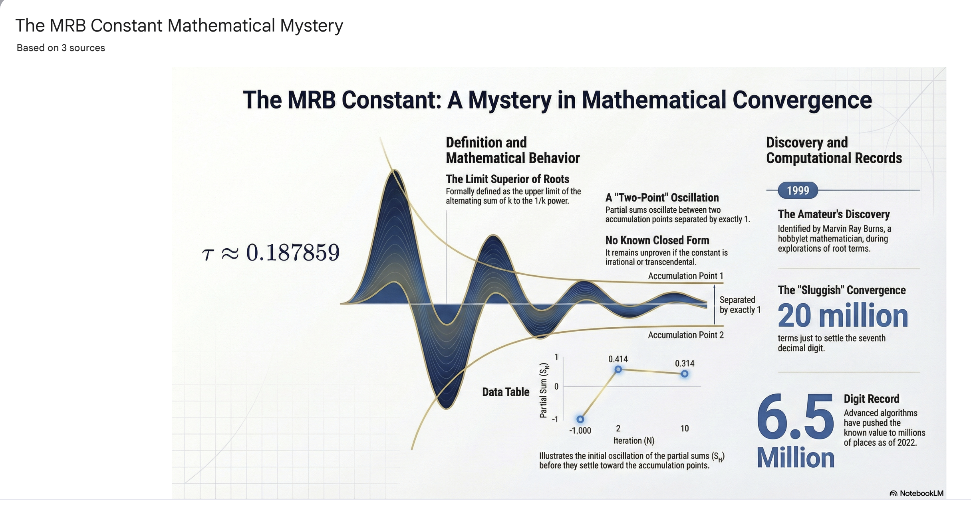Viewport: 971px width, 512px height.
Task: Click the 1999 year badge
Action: coord(798,190)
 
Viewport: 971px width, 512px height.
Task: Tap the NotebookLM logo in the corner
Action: coord(916,493)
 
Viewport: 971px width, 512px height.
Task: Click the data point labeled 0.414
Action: coord(618,369)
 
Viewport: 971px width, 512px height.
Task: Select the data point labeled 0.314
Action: coord(685,374)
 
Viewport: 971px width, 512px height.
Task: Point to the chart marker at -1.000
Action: coord(580,419)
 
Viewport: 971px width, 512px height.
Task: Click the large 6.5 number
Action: coord(795,417)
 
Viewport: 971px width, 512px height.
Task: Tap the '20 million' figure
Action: coord(843,316)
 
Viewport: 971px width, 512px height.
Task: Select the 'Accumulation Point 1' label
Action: coord(685,276)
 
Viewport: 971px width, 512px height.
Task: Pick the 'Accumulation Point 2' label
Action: coord(685,335)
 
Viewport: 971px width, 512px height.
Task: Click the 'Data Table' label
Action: coord(506,392)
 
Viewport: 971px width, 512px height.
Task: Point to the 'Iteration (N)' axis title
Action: coord(634,441)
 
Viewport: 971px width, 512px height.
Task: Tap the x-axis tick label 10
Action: coord(685,428)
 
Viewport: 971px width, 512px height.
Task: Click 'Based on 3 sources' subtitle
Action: coord(61,48)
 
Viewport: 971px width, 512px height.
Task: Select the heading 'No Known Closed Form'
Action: coord(657,240)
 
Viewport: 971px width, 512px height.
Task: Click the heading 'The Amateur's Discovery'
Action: coord(834,214)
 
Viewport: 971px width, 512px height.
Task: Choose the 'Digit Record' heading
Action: coord(872,399)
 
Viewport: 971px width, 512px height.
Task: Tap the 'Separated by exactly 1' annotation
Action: coord(740,305)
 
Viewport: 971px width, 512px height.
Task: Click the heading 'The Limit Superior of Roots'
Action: coord(507,179)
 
